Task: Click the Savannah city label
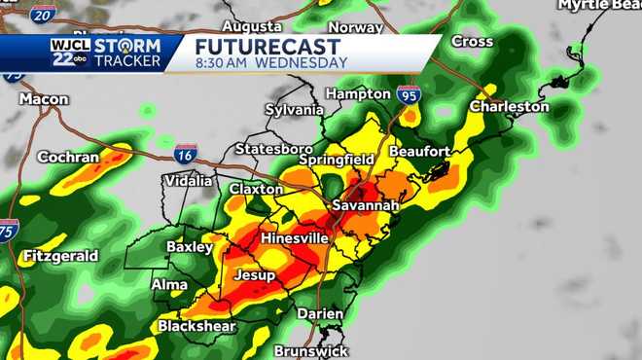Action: point(365,206)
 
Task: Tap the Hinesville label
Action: point(294,238)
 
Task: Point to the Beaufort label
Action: point(419,152)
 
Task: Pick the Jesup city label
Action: point(255,275)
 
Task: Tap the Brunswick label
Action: point(309,350)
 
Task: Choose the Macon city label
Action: point(44,99)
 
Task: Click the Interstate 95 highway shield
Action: point(409,94)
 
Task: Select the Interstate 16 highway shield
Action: point(186,153)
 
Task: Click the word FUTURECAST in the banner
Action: point(267,47)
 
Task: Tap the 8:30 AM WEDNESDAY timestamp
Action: point(271,63)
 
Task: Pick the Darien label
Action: point(320,313)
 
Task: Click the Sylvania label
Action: point(294,110)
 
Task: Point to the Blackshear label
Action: point(196,327)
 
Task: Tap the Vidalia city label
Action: point(189,181)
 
